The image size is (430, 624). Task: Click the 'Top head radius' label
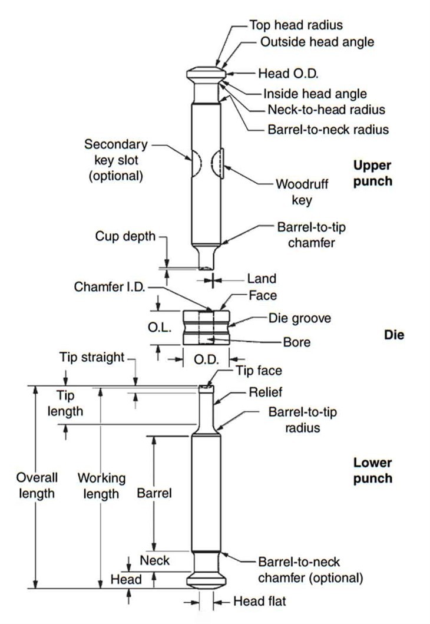coord(296,25)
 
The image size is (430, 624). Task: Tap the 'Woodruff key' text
coord(302,192)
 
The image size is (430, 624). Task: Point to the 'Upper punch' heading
coord(372,173)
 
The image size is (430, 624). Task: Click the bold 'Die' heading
coord(394,335)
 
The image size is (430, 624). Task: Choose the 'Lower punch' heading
coord(372,471)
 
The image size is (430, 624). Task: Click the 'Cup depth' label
coord(125,236)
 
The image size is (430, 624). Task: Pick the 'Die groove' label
coord(299,318)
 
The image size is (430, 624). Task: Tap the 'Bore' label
coord(296,342)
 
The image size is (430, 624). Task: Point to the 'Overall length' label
coord(37,485)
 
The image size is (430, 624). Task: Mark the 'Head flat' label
coord(260,602)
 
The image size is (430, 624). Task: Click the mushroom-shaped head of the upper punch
coord(206,74)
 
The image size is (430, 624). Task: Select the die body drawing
coord(206,328)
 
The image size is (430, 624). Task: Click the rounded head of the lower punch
coord(206,580)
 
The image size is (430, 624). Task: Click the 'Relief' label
coord(266,392)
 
